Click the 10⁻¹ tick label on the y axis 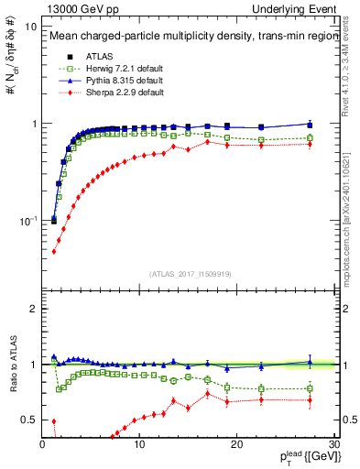[27, 221]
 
